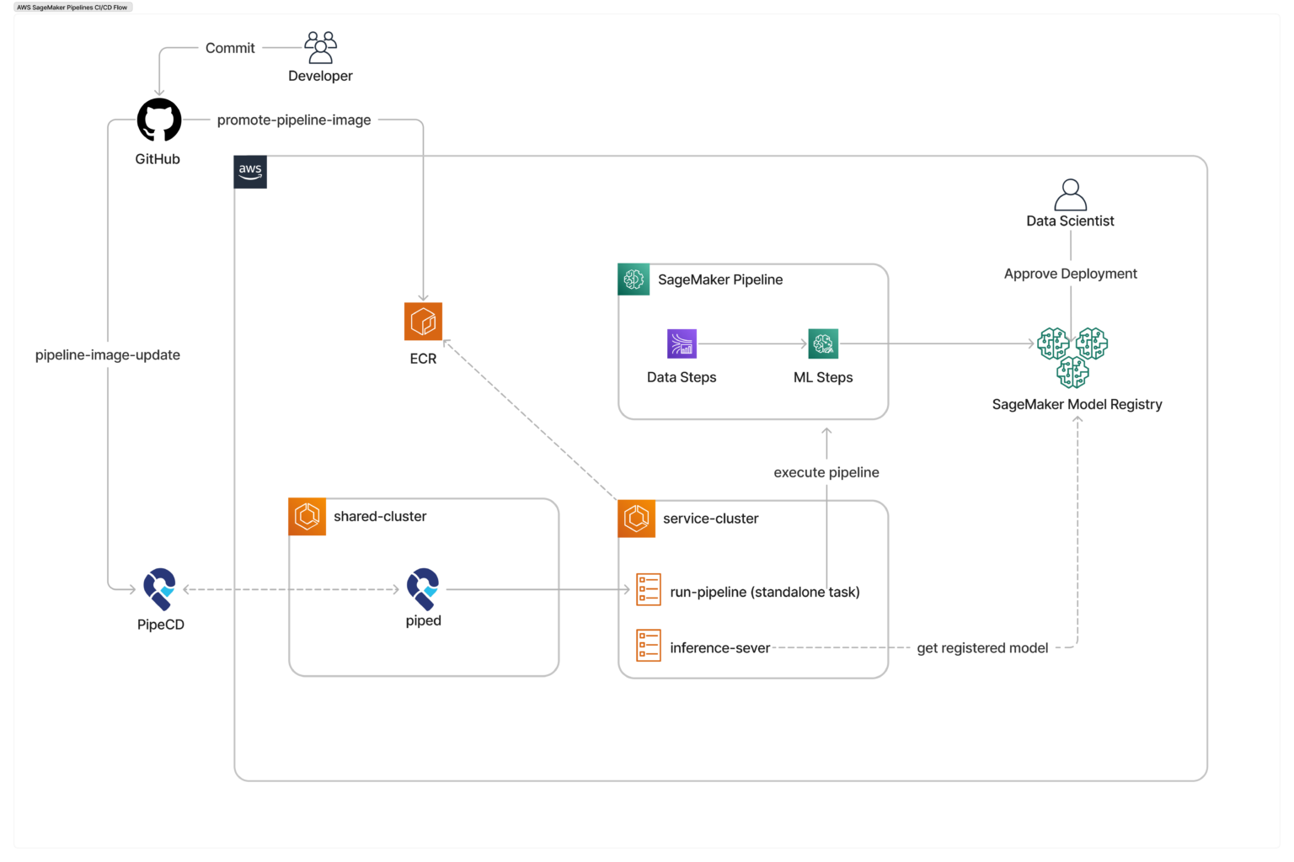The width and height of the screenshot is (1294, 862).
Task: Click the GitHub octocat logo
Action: [159, 120]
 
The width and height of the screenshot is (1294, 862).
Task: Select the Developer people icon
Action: [320, 48]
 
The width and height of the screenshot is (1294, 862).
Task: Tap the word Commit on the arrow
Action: [230, 48]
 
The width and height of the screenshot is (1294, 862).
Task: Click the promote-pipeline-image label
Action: [294, 120]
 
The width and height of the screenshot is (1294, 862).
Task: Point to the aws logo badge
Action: [250, 172]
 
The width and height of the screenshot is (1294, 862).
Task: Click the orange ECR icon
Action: [423, 322]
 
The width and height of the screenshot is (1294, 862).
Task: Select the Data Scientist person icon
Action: [1070, 194]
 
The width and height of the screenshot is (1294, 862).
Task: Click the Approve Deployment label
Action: [1070, 274]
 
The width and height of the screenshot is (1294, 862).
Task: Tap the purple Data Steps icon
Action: [682, 343]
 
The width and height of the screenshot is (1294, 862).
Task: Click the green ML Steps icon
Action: [823, 343]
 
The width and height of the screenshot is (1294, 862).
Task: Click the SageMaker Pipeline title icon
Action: [634, 279]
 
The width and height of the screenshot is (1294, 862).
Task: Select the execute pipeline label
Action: [826, 472]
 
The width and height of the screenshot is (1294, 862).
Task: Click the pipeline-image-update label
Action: [108, 355]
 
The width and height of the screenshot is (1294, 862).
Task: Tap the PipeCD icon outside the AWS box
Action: [159, 588]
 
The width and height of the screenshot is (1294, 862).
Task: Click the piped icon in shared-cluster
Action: [423, 588]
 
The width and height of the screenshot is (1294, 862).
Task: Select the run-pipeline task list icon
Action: [648, 589]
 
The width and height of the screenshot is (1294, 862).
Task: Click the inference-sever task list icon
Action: [648, 646]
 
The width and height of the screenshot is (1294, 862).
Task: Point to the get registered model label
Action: [982, 648]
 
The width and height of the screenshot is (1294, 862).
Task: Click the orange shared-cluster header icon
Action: [307, 516]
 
